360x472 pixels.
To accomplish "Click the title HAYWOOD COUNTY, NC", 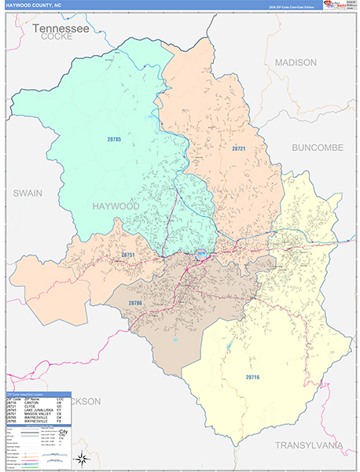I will [35, 5].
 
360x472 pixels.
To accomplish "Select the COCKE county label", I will [57, 36].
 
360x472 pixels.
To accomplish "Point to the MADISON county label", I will [296, 62].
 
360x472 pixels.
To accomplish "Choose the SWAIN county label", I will [27, 192].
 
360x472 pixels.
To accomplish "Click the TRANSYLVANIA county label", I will [309, 445].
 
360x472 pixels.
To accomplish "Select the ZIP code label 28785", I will [116, 139].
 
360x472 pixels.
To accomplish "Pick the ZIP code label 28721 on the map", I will [239, 148].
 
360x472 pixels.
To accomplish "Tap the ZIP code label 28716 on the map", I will [252, 378].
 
